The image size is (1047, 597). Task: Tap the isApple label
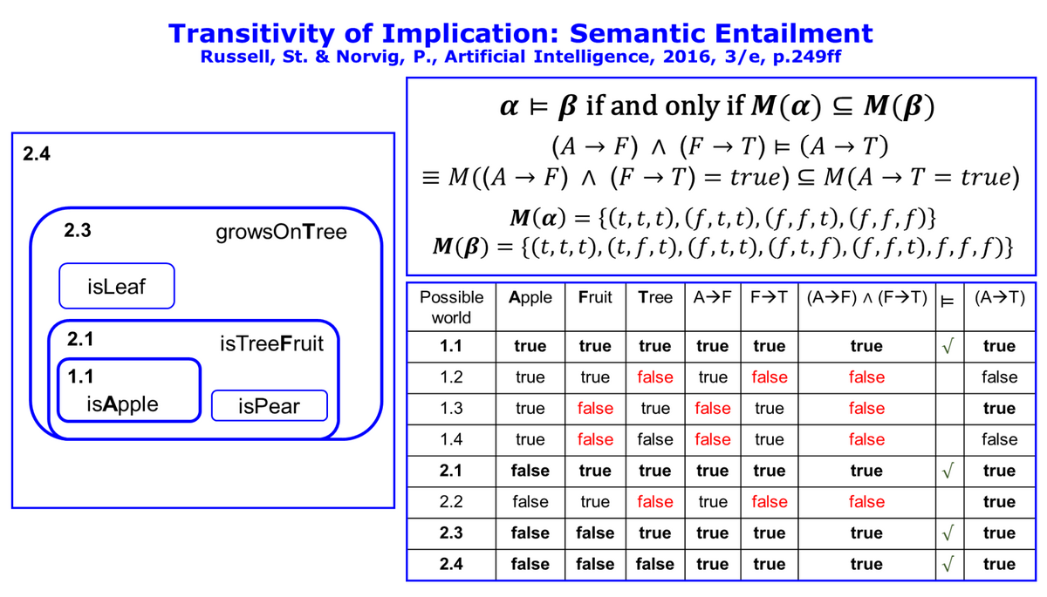pyautogui.click(x=122, y=404)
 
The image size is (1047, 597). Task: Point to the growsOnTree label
pyautogui.click(x=281, y=232)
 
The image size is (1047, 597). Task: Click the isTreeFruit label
pyautogui.click(x=271, y=344)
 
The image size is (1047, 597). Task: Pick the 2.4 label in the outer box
pyautogui.click(x=37, y=153)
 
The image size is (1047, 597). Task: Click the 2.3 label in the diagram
pyautogui.click(x=78, y=230)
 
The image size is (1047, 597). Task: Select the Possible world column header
pyautogui.click(x=451, y=307)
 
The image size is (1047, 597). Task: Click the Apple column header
pyautogui.click(x=530, y=297)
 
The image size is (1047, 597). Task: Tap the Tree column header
pyautogui.click(x=655, y=297)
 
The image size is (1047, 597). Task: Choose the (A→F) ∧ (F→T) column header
pyautogui.click(x=866, y=297)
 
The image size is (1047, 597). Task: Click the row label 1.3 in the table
pyautogui.click(x=451, y=409)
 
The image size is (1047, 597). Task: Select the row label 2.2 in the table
pyautogui.click(x=451, y=502)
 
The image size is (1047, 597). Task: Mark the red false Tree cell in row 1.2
pyautogui.click(x=655, y=377)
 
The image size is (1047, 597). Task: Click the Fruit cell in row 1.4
pyautogui.click(x=595, y=440)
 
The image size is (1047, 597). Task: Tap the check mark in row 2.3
pyautogui.click(x=948, y=533)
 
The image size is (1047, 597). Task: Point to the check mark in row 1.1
pyautogui.click(x=948, y=346)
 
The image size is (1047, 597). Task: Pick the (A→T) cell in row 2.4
pyautogui.click(x=999, y=565)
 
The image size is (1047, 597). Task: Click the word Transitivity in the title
pyautogui.click(x=252, y=34)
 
